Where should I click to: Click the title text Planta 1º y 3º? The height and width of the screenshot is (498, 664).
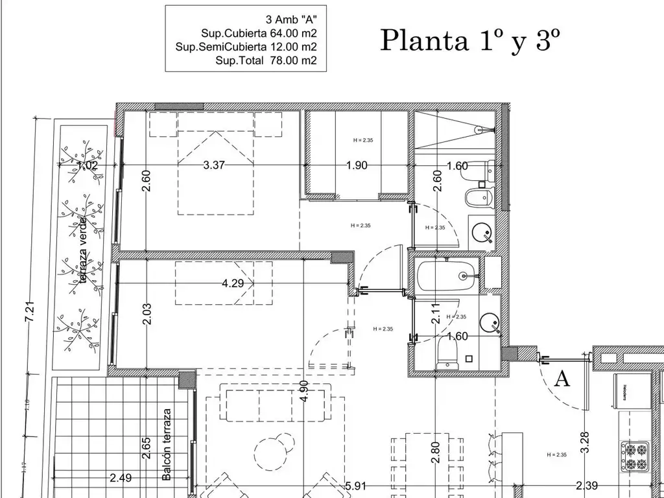(469, 40)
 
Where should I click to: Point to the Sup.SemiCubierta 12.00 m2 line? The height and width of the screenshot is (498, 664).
(246, 47)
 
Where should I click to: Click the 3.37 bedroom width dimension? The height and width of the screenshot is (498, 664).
(213, 165)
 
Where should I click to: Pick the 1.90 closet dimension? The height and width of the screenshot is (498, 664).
(357, 165)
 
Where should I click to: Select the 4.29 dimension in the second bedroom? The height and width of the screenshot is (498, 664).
(233, 283)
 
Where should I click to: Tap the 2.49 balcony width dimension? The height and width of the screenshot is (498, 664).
(121, 479)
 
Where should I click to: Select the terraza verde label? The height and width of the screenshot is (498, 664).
(83, 259)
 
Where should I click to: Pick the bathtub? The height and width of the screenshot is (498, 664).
(446, 276)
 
